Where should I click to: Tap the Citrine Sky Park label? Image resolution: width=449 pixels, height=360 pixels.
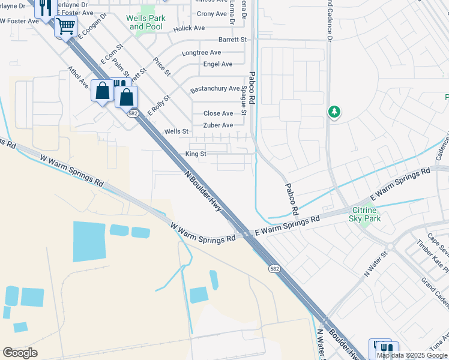365,214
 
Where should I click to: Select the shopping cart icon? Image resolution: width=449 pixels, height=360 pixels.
65,27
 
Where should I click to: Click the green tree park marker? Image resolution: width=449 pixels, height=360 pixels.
334,112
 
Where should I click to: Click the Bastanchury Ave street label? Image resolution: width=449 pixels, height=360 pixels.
215,89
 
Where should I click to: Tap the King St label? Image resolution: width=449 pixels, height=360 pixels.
196,154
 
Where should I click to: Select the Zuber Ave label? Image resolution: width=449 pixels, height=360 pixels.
218,125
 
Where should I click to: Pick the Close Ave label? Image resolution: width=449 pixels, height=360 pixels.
218,113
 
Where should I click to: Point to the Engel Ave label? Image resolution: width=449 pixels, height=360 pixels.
218,64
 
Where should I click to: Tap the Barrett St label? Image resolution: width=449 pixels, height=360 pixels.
232,40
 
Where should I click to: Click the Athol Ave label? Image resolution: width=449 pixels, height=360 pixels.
79,77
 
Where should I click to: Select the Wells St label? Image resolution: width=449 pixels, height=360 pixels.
176,131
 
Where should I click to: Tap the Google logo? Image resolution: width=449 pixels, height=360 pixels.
20,353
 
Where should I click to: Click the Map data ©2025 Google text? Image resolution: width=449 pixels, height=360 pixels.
411,355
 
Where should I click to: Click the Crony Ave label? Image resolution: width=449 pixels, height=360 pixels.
212,14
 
